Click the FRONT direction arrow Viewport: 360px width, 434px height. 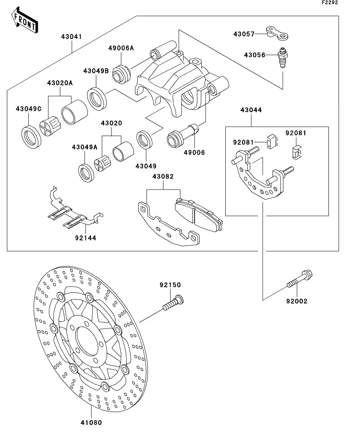pyautogui.click(x=24, y=20)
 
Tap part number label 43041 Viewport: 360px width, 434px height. pyautogui.click(x=72, y=37)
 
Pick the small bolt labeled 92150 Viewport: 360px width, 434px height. pyautogui.click(x=173, y=303)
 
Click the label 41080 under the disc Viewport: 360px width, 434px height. pyautogui.click(x=91, y=423)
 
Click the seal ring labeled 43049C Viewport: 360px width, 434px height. pyautogui.click(x=32, y=137)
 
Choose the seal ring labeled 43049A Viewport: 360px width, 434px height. pyautogui.click(x=86, y=173)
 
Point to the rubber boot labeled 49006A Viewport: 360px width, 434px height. pyautogui.click(x=121, y=74)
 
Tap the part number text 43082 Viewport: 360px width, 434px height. pyautogui.click(x=163, y=177)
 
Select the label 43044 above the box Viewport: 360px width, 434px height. pyautogui.click(x=251, y=110)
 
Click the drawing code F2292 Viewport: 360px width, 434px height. pyautogui.click(x=330, y=2)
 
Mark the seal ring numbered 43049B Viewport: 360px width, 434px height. pyautogui.click(x=97, y=98)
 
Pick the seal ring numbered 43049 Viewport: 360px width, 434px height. pyautogui.click(x=145, y=140)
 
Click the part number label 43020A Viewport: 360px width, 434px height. pyautogui.click(x=60, y=83)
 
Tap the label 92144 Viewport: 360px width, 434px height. pyautogui.click(x=85, y=238)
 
